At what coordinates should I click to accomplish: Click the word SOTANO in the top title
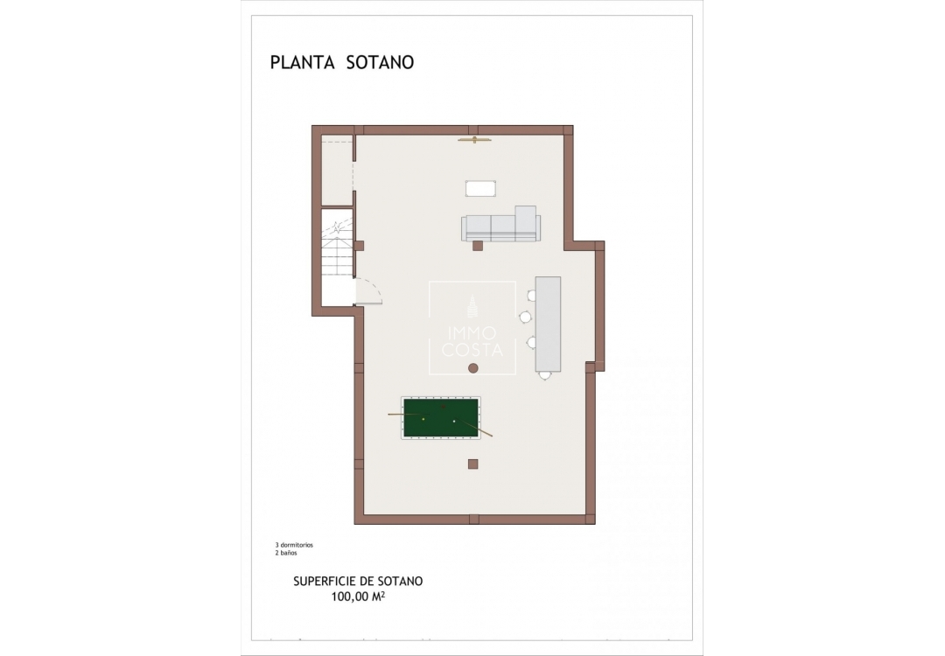[378, 62]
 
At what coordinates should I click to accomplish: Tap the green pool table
[441, 418]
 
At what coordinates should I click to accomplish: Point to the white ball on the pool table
[454, 422]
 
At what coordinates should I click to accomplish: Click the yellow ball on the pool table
[423, 419]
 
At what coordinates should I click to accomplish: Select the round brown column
[472, 367]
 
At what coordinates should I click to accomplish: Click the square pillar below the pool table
[472, 463]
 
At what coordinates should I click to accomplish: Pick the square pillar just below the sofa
[478, 247]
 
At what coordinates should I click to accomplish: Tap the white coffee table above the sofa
[480, 188]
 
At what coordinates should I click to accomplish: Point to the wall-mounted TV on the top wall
[475, 138]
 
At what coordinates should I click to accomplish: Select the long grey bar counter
[548, 324]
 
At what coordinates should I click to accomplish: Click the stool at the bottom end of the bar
[545, 374]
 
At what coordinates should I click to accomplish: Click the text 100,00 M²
[359, 597]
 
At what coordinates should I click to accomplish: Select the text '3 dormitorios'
[294, 545]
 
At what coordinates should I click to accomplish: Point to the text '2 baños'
[288, 554]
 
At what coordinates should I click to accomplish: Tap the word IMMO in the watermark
[472, 333]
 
